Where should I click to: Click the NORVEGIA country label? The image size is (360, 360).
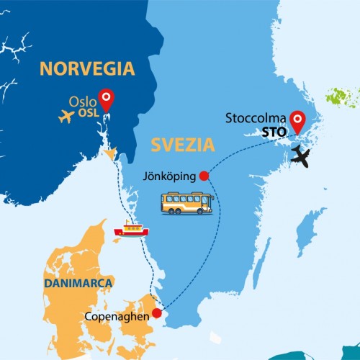87,69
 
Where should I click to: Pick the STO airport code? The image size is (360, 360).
271,131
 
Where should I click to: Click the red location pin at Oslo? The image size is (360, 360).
107,98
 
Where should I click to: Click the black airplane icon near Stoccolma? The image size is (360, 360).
303,156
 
